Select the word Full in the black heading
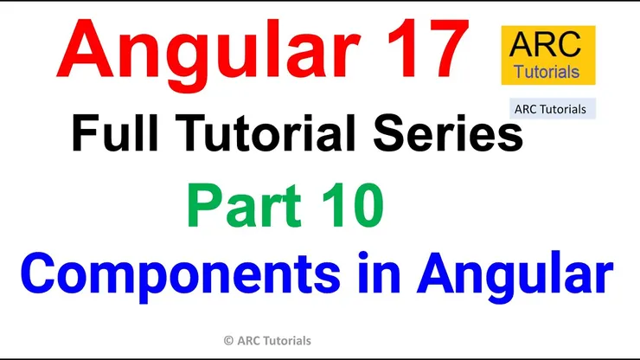[115, 132]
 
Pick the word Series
[448, 132]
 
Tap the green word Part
[245, 206]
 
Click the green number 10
[353, 206]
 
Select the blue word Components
[181, 274]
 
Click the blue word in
[379, 272]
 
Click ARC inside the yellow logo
[546, 44]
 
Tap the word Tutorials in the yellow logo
[547, 72]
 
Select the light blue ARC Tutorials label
[553, 109]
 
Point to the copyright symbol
[228, 340]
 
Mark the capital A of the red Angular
[85, 48]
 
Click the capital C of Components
[38, 273]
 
